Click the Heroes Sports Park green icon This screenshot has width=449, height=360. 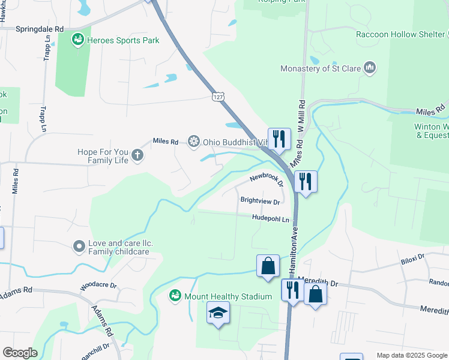(77, 40)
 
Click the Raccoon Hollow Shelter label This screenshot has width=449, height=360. (400, 34)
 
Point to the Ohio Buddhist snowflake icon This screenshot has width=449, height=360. (193, 142)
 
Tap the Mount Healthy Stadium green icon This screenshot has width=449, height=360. (175, 296)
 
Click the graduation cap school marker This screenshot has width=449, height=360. (218, 313)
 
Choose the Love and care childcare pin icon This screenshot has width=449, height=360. (79, 246)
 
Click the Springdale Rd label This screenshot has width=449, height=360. (40, 29)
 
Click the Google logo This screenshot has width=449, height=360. (20, 353)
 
